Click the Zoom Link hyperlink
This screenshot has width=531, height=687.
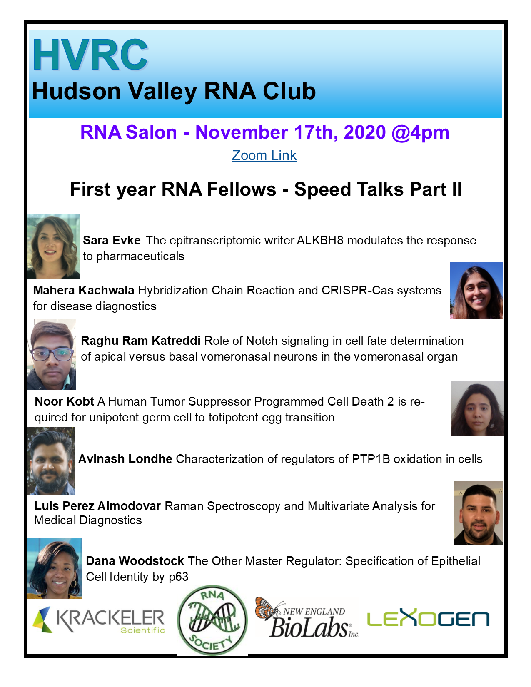(x=264, y=155)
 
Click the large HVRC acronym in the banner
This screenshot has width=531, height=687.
(x=90, y=55)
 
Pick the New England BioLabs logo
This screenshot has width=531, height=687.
(x=307, y=618)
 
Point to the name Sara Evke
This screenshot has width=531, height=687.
(x=112, y=241)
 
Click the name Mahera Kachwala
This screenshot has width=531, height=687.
(x=83, y=290)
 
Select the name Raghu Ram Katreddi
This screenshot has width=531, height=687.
(x=141, y=341)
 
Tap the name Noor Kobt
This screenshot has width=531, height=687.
(x=64, y=401)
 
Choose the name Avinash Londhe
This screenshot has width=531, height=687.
(x=125, y=459)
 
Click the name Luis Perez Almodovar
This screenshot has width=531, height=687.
(x=97, y=506)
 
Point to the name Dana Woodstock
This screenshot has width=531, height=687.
(x=135, y=561)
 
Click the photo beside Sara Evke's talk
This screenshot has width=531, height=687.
(x=53, y=246)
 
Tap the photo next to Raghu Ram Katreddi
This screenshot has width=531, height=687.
(x=52, y=354)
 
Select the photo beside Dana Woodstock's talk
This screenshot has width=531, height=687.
(x=55, y=568)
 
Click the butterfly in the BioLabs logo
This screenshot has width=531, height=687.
(x=267, y=607)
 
